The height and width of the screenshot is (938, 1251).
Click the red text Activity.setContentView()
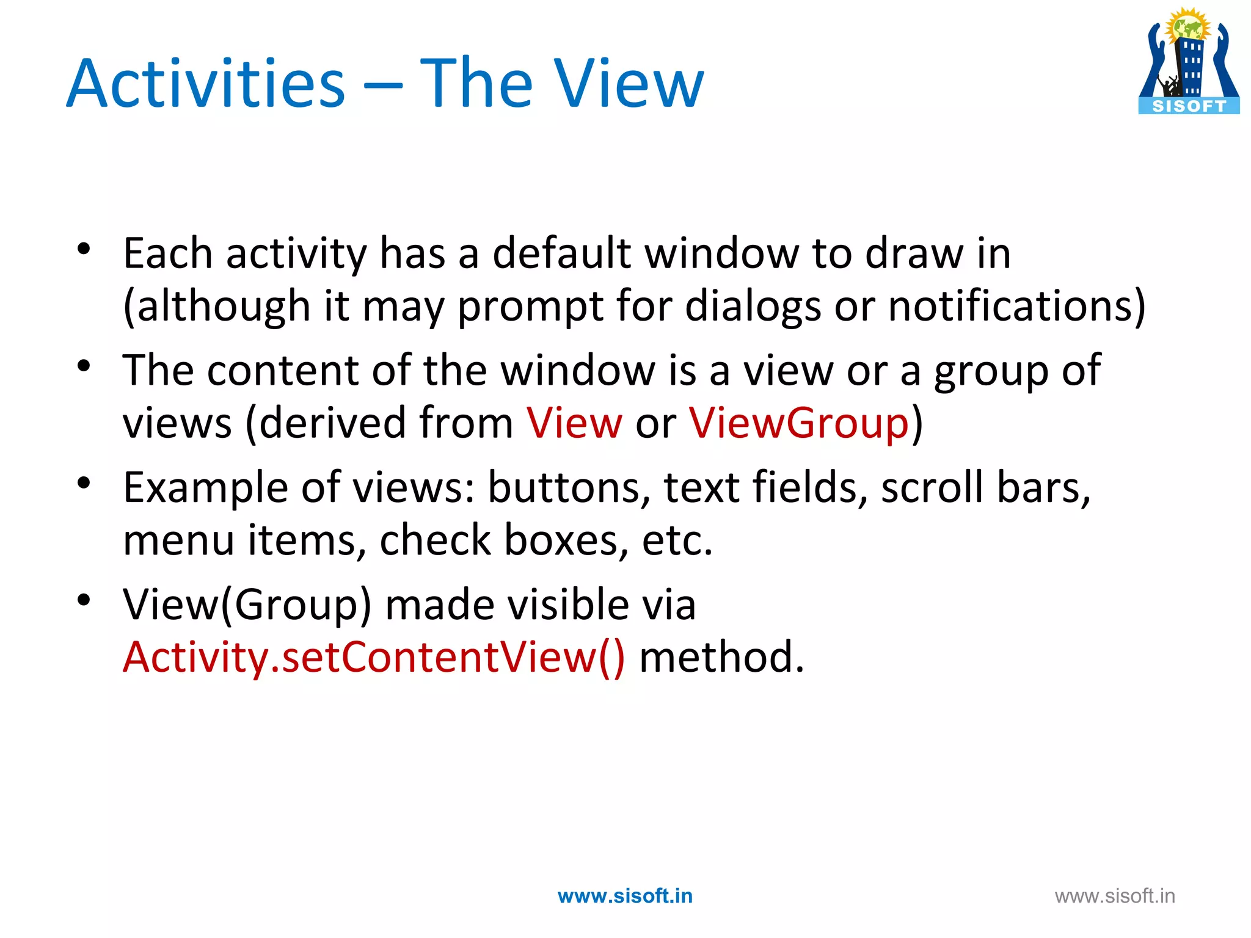pyautogui.click(x=374, y=657)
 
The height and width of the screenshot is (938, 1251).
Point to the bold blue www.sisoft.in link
pyautogui.click(x=625, y=896)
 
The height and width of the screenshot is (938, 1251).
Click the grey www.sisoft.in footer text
pyautogui.click(x=1115, y=896)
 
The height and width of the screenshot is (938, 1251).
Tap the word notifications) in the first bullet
pyautogui.click(x=1016, y=305)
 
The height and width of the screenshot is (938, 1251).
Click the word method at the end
pyautogui.click(x=721, y=657)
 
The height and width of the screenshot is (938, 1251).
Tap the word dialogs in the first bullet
pyautogui.click(x=753, y=305)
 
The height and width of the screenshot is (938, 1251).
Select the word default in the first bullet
pyautogui.click(x=561, y=253)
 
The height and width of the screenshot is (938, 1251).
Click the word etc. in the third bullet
pyautogui.click(x=677, y=540)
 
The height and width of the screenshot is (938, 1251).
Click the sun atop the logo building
pyautogui.click(x=1187, y=26)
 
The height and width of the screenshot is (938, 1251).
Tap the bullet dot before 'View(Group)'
pyautogui.click(x=84, y=600)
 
